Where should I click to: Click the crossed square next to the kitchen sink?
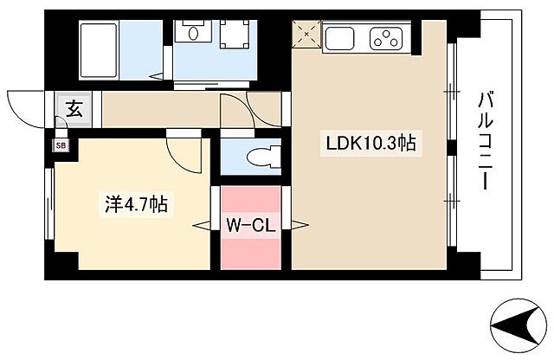click(x=306, y=36)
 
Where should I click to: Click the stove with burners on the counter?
click(x=385, y=37)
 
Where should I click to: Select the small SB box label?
click(x=60, y=145)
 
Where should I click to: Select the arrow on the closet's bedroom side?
click(x=203, y=226)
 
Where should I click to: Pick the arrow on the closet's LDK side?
click(x=299, y=227)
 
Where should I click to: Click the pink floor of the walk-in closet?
click(x=250, y=251)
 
